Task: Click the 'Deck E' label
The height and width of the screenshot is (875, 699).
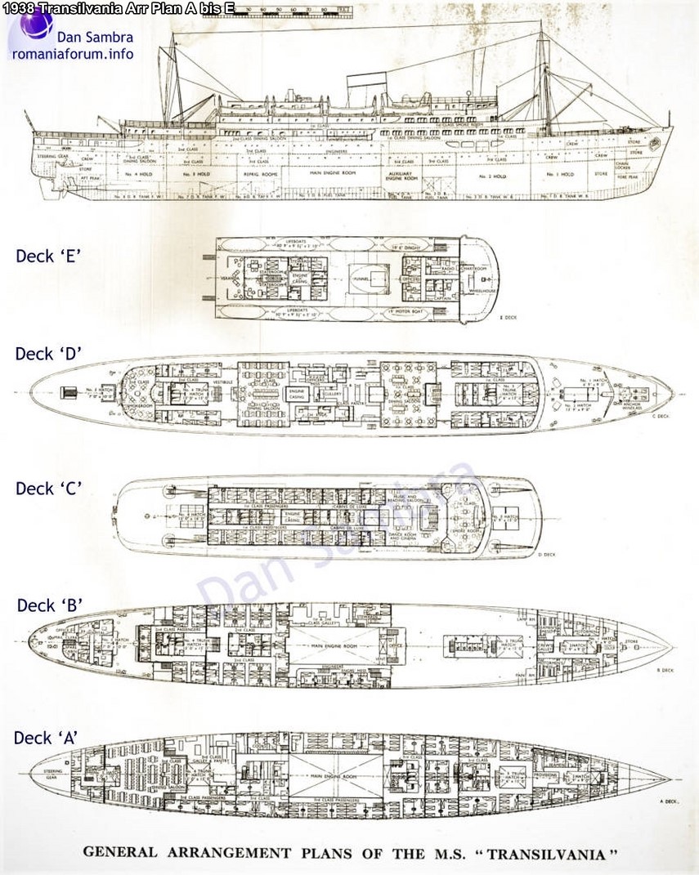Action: coord(47,256)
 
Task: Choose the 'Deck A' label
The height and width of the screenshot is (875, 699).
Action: coord(46,738)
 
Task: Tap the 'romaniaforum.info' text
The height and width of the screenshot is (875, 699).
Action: coord(73,55)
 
